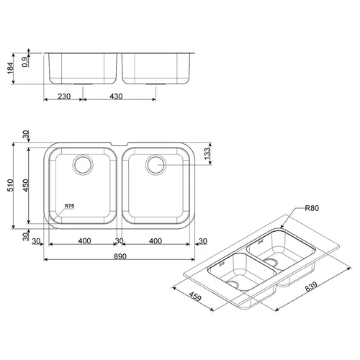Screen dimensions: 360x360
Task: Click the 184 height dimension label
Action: pos(10,68)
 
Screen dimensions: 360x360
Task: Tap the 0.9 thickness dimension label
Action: pos(26,62)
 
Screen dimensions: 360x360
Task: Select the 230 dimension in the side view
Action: pos(64,96)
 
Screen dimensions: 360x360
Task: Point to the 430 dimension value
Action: pos(116,96)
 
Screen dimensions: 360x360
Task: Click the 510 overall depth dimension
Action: pos(11,185)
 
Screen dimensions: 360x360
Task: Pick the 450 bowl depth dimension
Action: pos(26,185)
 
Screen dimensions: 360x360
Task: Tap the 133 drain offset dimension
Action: pos(207,153)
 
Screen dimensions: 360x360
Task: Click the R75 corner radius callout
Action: pos(70,206)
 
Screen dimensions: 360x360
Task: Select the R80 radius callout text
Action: pos(312,208)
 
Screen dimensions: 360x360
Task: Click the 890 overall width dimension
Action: pos(120,256)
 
